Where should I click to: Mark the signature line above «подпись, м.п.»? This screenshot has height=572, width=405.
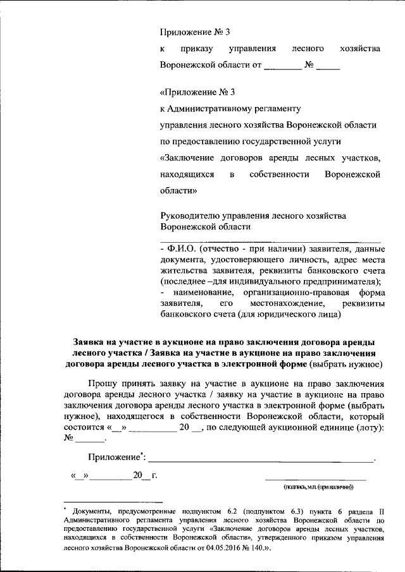coord(315,481)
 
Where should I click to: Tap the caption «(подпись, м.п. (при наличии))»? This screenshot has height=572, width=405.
coord(318,487)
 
